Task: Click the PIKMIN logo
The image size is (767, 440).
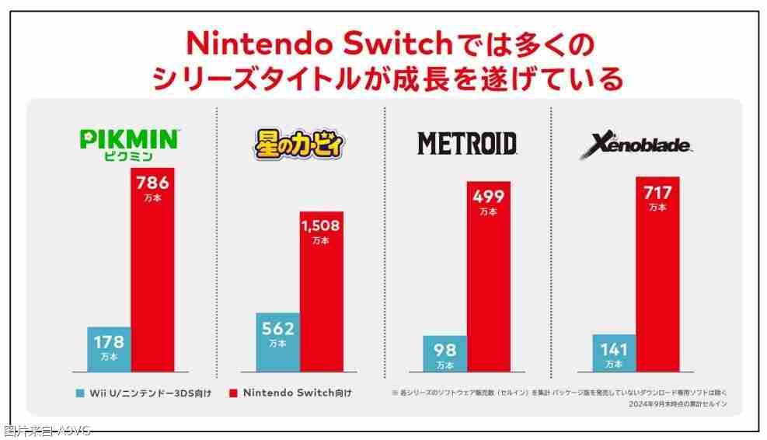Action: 130,140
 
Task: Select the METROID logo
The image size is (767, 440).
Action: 467,143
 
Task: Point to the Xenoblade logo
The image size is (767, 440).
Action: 636,145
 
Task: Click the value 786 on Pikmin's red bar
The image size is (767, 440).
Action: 152,183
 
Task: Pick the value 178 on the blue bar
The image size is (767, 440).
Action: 109,341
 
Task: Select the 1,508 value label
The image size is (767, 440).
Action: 321,226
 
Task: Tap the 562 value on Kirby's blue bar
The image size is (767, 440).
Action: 277,327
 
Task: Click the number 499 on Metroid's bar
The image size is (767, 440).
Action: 488,197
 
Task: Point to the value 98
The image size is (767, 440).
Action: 445,351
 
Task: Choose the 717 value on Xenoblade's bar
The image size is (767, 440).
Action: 657,192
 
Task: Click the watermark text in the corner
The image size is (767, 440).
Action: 47,431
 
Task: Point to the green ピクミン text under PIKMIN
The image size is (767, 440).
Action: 130,156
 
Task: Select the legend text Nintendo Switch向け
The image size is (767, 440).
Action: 298,393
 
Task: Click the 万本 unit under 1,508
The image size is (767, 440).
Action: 321,241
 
